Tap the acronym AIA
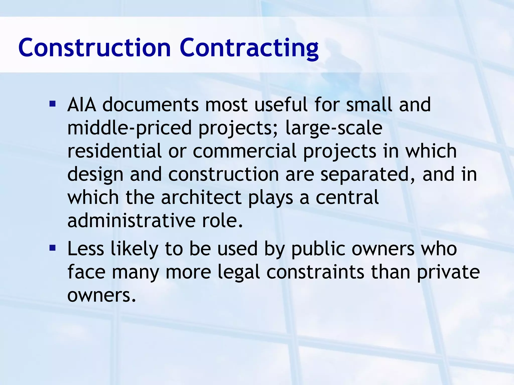pyautogui.click(x=82, y=105)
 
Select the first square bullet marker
pyautogui.click(x=52, y=104)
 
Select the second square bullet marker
pyautogui.click(x=52, y=248)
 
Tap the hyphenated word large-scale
pyautogui.click(x=334, y=128)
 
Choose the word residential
pyautogui.click(x=114, y=151)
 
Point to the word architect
pyautogui.click(x=201, y=198)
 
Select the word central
pyautogui.click(x=347, y=198)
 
